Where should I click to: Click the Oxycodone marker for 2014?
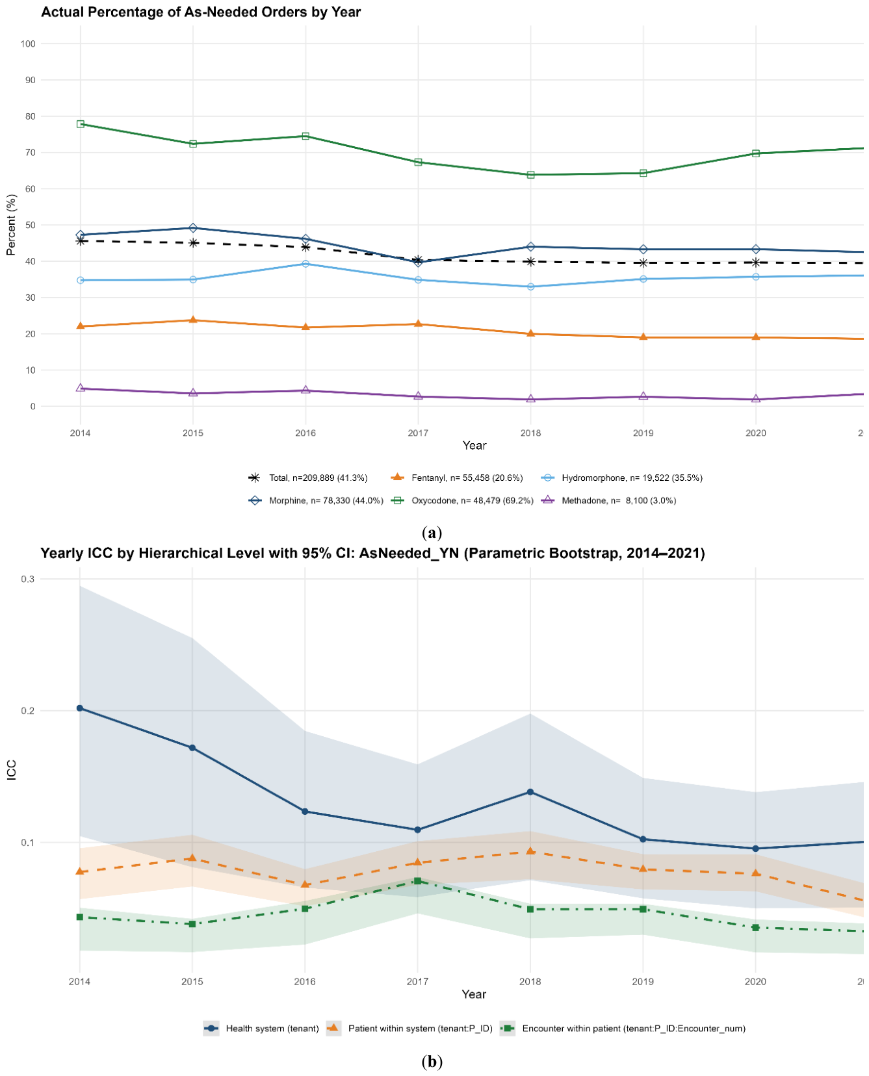click(x=81, y=124)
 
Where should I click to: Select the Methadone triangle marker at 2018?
click(x=530, y=398)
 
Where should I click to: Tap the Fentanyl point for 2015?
click(x=193, y=320)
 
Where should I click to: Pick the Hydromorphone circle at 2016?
click(x=305, y=264)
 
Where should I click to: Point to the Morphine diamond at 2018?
click(x=530, y=247)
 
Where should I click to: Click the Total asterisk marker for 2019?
click(x=643, y=263)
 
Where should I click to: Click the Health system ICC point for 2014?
click(x=80, y=708)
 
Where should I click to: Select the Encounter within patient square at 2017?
click(x=417, y=881)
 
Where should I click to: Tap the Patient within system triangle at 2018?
click(x=530, y=851)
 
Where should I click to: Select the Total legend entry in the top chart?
click(x=308, y=478)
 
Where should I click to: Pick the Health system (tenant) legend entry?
click(x=261, y=1029)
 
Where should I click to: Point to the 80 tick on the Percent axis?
click(x=29, y=116)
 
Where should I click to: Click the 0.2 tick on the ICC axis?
click(x=29, y=711)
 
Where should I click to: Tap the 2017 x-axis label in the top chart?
click(x=418, y=433)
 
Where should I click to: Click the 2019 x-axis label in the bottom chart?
click(x=643, y=981)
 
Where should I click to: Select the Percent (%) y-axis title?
click(x=11, y=225)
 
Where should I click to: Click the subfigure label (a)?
click(x=432, y=533)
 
